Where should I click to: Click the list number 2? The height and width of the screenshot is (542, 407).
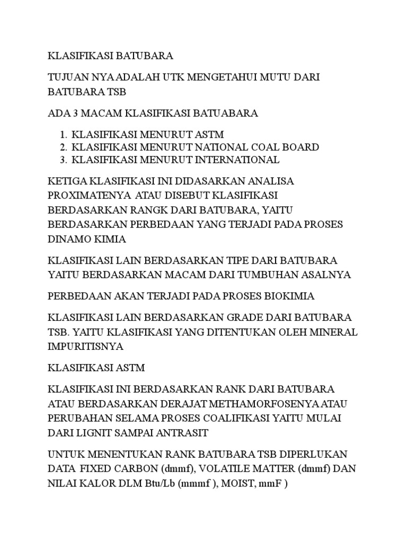click(63, 147)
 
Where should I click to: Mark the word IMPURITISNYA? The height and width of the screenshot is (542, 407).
click(85, 347)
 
